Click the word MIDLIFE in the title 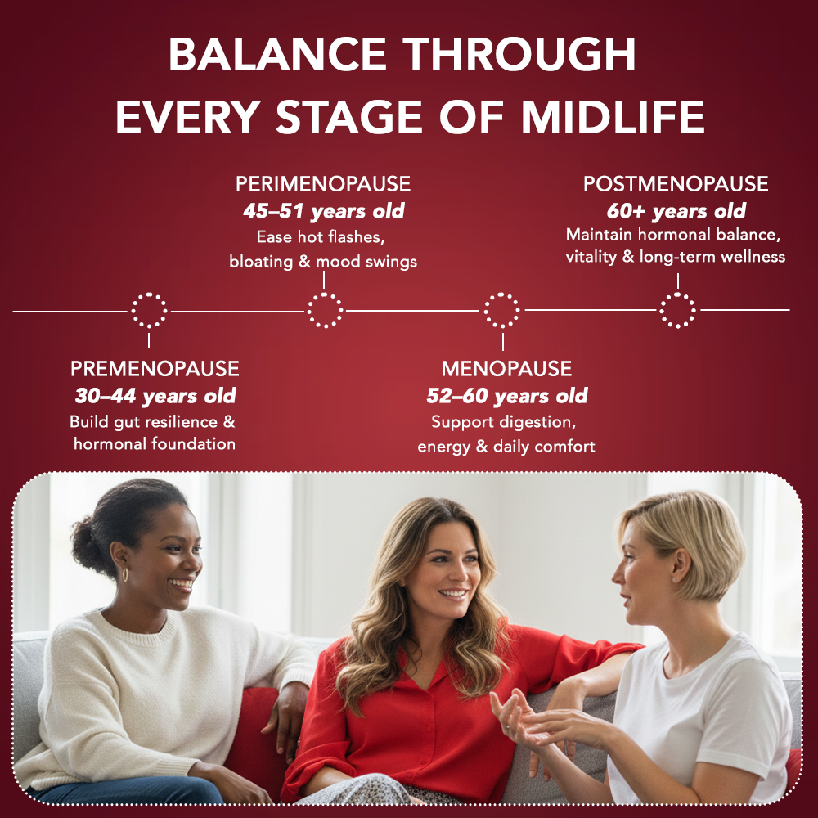coord(613,118)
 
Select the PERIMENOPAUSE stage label coord(323,183)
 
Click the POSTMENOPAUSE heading coord(676,183)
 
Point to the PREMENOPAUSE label coord(155,369)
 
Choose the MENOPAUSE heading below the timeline coord(506,369)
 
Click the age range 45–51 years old coord(323,211)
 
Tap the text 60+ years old coord(676,211)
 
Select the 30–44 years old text coord(155,397)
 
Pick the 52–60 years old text coord(506,397)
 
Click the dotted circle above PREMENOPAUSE coord(149,310)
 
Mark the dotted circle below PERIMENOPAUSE coord(325,310)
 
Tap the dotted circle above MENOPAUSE coord(501,310)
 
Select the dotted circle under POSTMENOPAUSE coord(677,310)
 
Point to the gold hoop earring coord(125,575)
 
